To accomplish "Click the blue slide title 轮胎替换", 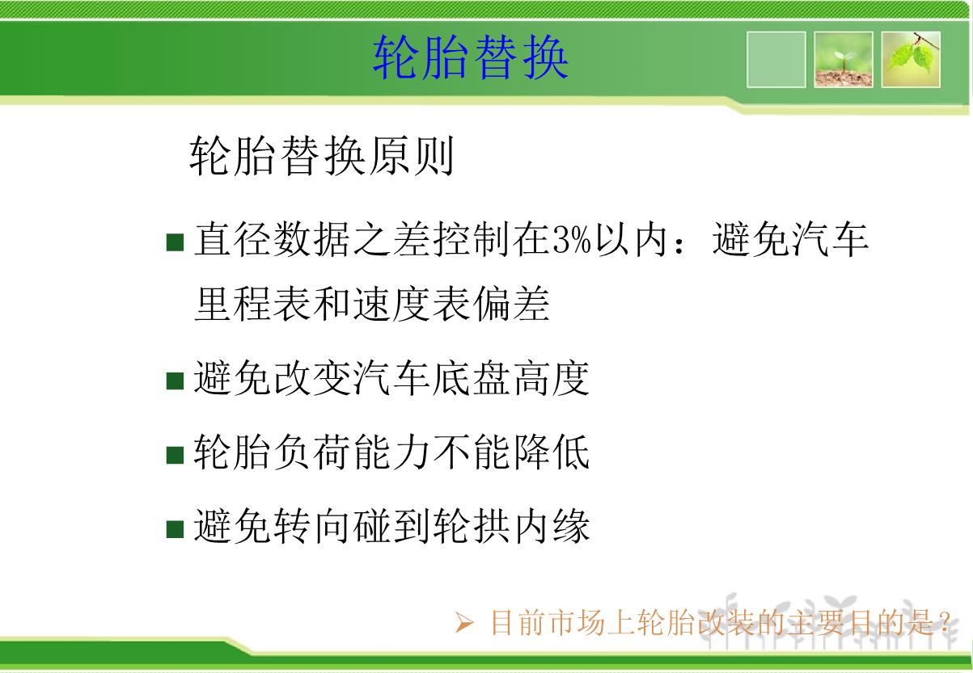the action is click(471, 57).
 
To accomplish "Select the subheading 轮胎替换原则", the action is click(321, 155).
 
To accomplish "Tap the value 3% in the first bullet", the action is click(572, 239).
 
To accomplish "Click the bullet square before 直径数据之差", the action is click(175, 242).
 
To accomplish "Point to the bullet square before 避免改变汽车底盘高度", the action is click(175, 381).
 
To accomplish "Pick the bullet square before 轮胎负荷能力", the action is click(175, 455).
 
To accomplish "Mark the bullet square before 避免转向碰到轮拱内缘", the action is click(175, 529).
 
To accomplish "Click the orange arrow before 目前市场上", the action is click(464, 623).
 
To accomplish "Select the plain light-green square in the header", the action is click(776, 60).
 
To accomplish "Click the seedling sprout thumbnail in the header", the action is click(844, 60).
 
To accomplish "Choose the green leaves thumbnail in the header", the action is click(911, 60).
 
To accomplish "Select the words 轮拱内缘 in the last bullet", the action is click(511, 527).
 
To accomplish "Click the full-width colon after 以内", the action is click(679, 243).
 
